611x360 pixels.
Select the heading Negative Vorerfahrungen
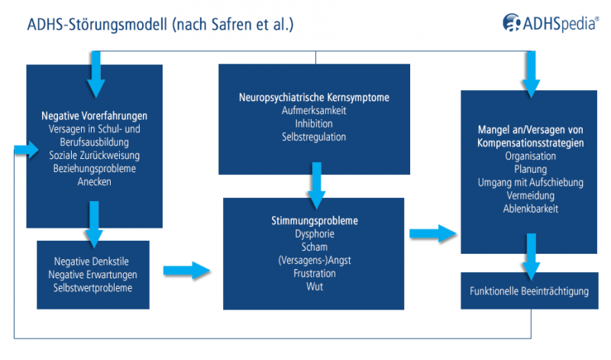point(94,116)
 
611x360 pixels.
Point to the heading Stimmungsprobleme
point(314,221)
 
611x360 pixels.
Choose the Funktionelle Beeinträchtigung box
point(529,292)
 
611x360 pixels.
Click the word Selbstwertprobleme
point(93,288)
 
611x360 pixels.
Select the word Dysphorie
point(314,234)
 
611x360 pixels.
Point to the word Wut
point(314,286)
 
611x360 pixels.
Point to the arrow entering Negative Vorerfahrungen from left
point(24,149)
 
